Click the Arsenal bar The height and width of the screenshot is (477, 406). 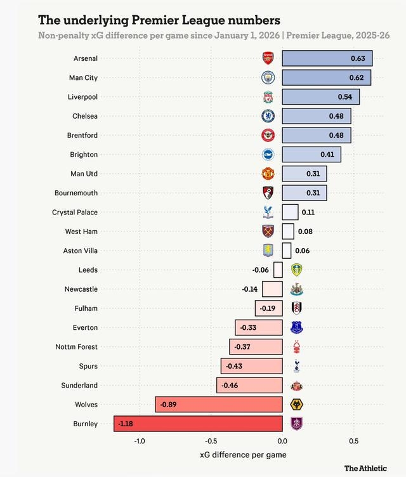point(327,58)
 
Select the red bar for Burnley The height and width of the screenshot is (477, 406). point(198,424)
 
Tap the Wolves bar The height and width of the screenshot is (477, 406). point(219,405)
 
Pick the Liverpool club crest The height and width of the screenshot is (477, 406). point(268,97)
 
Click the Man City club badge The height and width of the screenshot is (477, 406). point(268,77)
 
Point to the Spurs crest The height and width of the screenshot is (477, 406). point(296,366)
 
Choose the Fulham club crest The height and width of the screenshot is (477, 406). point(296,308)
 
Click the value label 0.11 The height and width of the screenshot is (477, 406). point(308,212)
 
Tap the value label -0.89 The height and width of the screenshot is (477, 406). point(168,405)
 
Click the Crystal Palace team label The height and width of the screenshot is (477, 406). point(75,212)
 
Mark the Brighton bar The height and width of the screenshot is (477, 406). point(311,155)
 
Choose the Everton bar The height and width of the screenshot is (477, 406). point(259,328)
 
